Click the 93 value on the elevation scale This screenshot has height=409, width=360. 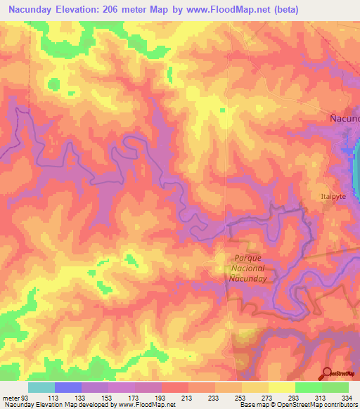(x=26, y=398)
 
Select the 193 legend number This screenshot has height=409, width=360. (x=161, y=398)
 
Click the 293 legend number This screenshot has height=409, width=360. (x=295, y=398)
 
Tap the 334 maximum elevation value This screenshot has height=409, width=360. (x=347, y=398)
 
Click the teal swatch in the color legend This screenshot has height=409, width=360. (x=41, y=387)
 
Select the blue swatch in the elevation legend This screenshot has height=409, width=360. (x=67, y=387)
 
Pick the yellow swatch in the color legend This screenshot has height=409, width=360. (x=281, y=387)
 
